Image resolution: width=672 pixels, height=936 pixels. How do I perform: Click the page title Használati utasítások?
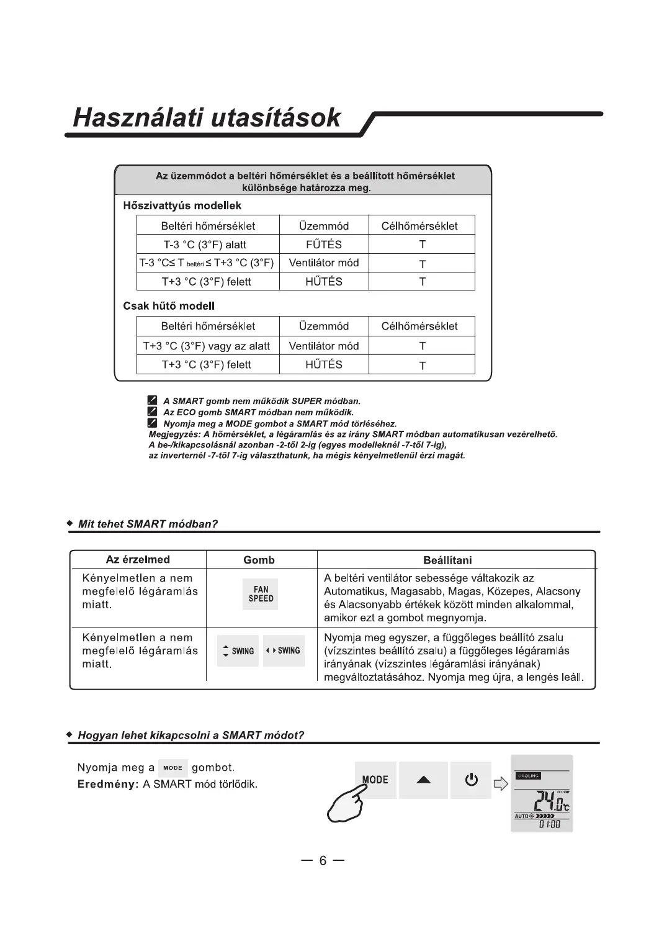pos(207,117)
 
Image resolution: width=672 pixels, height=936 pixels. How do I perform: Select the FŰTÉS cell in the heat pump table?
pos(324,245)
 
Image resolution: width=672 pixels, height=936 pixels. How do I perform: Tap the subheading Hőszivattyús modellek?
pos(182,205)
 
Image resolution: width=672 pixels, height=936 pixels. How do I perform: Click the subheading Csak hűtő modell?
pos(169,305)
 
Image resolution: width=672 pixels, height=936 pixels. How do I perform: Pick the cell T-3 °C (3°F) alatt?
pos(205,245)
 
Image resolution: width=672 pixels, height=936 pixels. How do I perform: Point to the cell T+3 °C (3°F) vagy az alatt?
pos(206,346)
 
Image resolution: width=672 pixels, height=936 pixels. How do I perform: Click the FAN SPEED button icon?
pos(261,594)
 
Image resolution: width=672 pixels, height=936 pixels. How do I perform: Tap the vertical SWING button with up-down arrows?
pos(238,651)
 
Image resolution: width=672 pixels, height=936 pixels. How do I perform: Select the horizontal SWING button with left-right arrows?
pos(284,650)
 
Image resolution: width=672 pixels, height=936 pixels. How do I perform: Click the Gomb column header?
pos(259,560)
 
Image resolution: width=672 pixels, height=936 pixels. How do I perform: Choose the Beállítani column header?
pos(447,560)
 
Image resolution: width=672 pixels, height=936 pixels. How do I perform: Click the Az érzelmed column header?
pos(138,559)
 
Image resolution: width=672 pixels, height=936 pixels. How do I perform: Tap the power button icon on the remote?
pos(471,780)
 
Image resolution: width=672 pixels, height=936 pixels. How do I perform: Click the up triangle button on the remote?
pos(423,780)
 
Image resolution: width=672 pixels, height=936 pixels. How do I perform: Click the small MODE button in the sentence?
pos(172,768)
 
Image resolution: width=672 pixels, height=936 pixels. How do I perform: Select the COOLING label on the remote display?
pos(528,776)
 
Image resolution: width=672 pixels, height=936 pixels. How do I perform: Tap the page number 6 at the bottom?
pos(323,861)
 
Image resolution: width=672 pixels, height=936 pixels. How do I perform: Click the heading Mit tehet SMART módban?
pos(148,524)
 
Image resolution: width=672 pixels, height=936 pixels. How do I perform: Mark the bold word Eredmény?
pos(107,784)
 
